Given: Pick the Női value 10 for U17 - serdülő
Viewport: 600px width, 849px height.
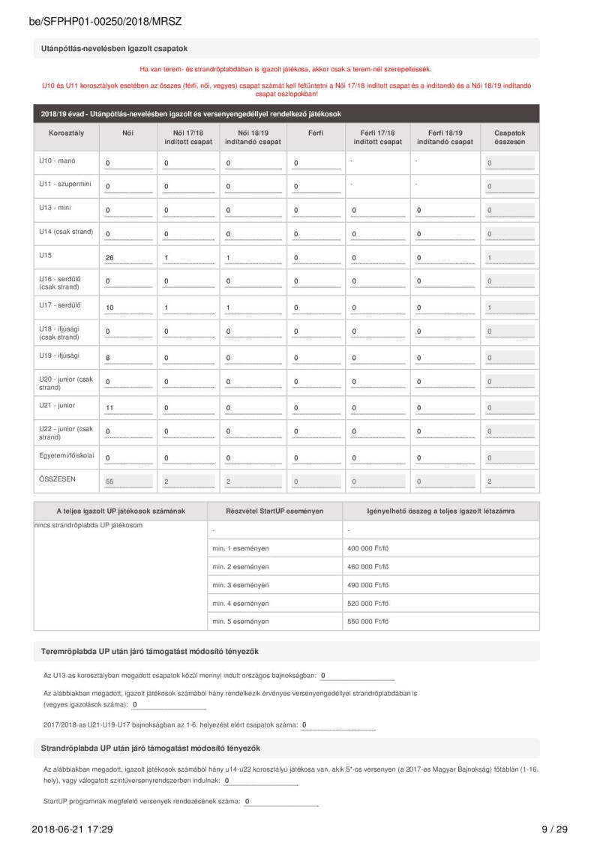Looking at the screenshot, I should [x=110, y=307].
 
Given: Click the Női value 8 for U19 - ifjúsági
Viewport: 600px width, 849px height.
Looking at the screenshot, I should [x=108, y=358].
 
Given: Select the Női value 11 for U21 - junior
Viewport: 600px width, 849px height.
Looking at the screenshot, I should [x=110, y=408].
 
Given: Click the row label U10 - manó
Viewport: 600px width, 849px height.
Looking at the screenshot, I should [x=57, y=160].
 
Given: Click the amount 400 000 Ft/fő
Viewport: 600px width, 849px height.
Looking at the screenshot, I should [x=368, y=548].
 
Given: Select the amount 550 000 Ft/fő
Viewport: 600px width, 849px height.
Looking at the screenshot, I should [x=368, y=621].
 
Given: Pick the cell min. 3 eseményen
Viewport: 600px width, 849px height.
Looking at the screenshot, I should [x=241, y=585].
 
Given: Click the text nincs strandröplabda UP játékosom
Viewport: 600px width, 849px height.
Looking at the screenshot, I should [x=88, y=525].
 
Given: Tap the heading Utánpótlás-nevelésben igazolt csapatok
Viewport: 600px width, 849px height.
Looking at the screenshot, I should [x=114, y=49].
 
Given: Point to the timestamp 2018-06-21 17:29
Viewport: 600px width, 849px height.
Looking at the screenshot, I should [x=72, y=829].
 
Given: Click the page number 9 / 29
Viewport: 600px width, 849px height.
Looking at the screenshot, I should [x=554, y=829].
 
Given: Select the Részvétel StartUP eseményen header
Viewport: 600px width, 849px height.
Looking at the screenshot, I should [x=274, y=511].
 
